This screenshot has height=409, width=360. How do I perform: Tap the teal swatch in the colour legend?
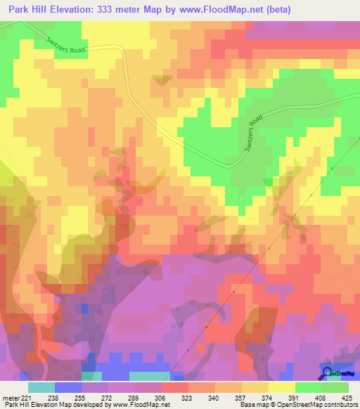tap(41, 387)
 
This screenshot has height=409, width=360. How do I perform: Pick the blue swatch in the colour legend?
tap(68, 387)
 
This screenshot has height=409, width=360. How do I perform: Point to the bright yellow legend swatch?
tap(282, 387)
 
